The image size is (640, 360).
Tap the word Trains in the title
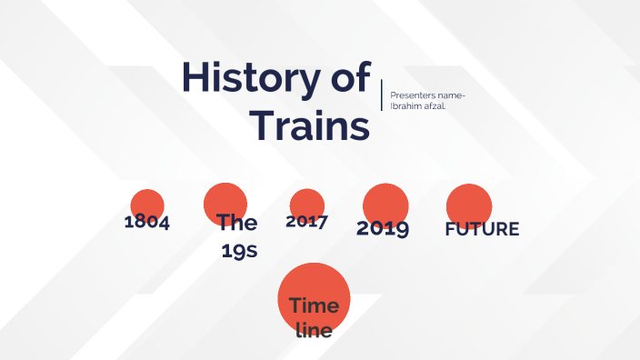tap(310, 125)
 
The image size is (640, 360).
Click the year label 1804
tap(147, 223)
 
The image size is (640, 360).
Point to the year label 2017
tap(306, 221)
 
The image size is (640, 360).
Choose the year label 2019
tap(383, 228)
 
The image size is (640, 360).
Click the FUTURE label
tap(482, 229)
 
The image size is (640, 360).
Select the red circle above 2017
tap(307, 202)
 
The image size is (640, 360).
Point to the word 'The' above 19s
tap(237, 223)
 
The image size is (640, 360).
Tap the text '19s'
tap(239, 250)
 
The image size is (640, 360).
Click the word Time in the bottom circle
tap(314, 305)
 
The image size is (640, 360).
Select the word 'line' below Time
tap(315, 330)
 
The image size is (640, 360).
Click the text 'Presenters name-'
tap(427, 95)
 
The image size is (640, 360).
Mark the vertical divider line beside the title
tap(382, 95)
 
